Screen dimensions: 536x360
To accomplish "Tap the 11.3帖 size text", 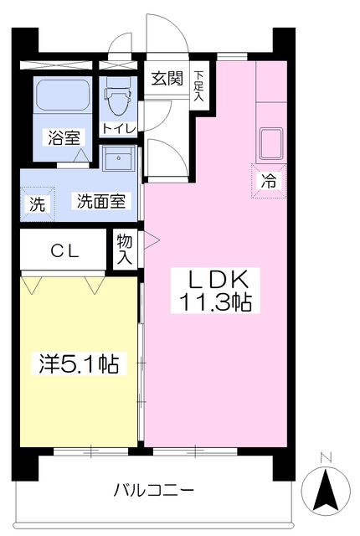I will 217,301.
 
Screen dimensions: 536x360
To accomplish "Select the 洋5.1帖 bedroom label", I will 77,364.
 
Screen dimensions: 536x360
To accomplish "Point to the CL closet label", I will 64,250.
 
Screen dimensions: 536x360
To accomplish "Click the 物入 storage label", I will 124,250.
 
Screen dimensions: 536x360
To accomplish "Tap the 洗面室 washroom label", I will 101,201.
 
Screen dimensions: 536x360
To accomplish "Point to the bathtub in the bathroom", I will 64,95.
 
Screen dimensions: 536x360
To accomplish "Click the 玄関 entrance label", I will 167,79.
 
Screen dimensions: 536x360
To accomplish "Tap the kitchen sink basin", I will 272,142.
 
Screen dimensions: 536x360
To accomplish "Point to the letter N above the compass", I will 327,457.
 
